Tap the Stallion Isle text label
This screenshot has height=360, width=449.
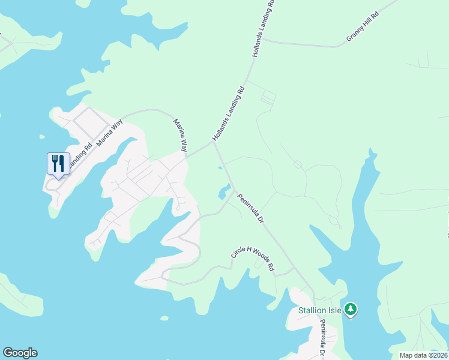pos(320,310)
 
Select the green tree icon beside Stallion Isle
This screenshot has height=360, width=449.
pos(351,310)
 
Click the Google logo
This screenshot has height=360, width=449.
pos(20,353)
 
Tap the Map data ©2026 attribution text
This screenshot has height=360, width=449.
pos(424,355)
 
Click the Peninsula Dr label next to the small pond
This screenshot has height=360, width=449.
pos(251,208)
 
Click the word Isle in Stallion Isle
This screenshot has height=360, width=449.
pos(334,310)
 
